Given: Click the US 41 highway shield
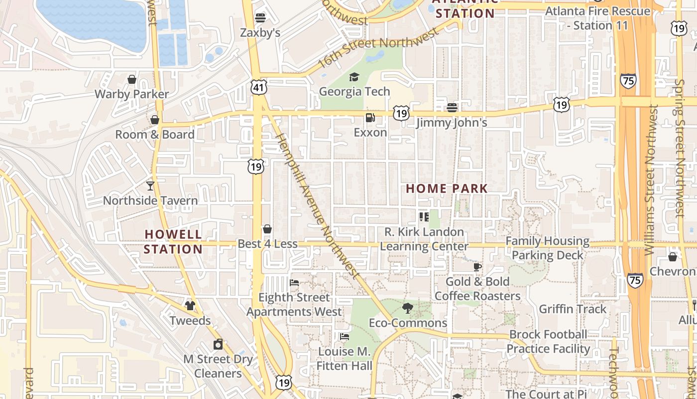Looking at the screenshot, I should pos(259,88).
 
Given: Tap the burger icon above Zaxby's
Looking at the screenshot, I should pos(260,18).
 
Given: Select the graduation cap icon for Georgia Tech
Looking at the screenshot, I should pos(354,77).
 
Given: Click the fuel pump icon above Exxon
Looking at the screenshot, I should pos(370,118).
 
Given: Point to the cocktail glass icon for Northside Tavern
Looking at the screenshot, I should pos(150,186).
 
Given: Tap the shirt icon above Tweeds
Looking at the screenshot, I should pos(190,305).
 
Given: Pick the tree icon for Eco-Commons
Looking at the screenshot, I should pos(407,308).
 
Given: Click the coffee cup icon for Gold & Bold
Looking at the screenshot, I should pos(477,267).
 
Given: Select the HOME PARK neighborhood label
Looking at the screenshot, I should pos(447,189).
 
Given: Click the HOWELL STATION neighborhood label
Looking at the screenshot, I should pos(173,241).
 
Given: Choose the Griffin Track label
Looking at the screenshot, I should pos(573,309).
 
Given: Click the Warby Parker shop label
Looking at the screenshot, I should pos(132,94).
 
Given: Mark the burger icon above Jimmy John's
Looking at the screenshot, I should pos(452,107).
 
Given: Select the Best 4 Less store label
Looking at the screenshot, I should pos(267,244).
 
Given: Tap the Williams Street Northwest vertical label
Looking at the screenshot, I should pos(650,180).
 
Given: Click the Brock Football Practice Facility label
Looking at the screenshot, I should pos(548,342).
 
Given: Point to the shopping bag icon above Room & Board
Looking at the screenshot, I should pos(154,120).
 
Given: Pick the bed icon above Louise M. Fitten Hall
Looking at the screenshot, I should pos(344,337).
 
